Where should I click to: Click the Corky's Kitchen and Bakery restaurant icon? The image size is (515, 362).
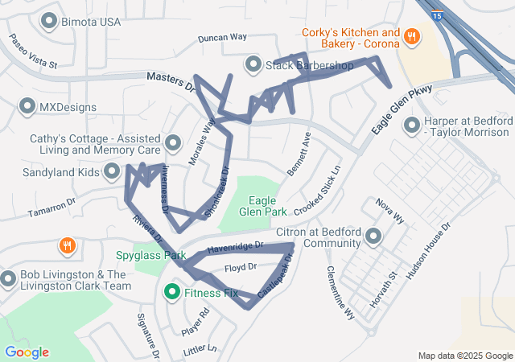pyautogui.click(x=411, y=35)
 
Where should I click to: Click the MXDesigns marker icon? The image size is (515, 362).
pyautogui.click(x=28, y=106)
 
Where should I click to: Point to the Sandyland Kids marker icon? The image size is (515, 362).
pyautogui.click(x=112, y=171)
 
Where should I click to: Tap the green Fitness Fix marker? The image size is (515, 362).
pyautogui.click(x=171, y=293)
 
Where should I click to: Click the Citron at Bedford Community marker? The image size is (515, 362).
pyautogui.click(x=373, y=236)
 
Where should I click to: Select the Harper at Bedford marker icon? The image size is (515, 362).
pyautogui.click(x=413, y=125)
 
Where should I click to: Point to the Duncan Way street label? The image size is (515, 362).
pyautogui.click(x=222, y=37)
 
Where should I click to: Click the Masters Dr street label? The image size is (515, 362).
pyautogui.click(x=171, y=80)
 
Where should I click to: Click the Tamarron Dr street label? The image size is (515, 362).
pyautogui.click(x=51, y=203)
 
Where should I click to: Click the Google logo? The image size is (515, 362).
pyautogui.click(x=27, y=352)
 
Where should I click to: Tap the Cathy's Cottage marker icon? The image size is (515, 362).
pyautogui.click(x=172, y=144)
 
